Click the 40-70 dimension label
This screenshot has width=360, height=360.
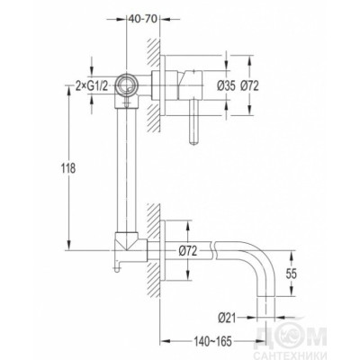coord(142,19)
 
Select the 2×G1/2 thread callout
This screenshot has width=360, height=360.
coord(91,86)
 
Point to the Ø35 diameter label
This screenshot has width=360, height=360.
coord(226,86)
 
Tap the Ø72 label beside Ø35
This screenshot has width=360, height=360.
coord(249,86)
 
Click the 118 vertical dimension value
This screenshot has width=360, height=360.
coord(68,168)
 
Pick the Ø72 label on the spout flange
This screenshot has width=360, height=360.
coord(188,250)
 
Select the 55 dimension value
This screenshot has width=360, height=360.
coord(291,274)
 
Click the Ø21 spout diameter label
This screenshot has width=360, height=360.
coord(228,318)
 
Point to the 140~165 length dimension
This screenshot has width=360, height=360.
coord(212,341)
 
